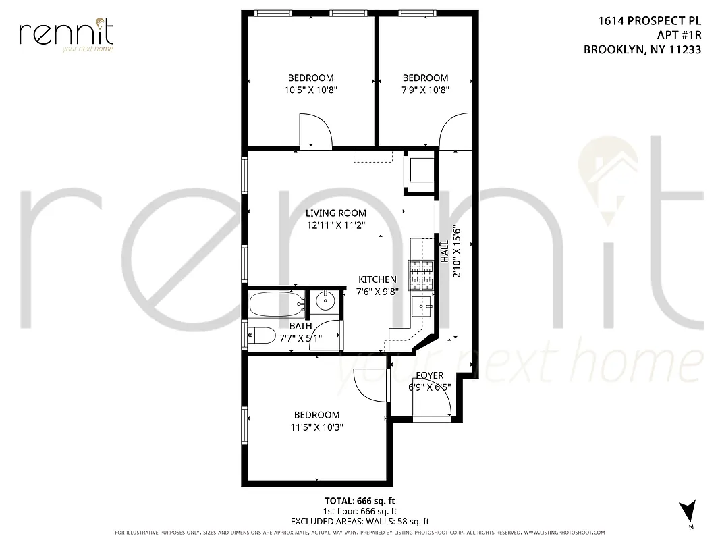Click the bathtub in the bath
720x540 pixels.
pos(276,304)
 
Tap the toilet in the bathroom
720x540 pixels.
pos(261,335)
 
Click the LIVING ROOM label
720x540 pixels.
pos(335,213)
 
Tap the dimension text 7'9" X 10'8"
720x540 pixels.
pos(425,90)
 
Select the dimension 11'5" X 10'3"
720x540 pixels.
pos(316,427)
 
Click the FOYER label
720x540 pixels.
pos(429,375)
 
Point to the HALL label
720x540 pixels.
pos(445,252)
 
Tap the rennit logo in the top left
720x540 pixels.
pos(66,34)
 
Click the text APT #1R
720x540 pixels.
pos(679,35)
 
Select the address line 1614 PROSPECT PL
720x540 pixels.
pos(649,21)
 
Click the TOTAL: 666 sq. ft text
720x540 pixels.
pos(360,501)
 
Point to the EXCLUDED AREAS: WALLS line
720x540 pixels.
pos(360,521)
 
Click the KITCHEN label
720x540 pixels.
pos(377,279)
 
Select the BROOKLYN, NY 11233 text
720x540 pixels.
pos(642,49)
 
